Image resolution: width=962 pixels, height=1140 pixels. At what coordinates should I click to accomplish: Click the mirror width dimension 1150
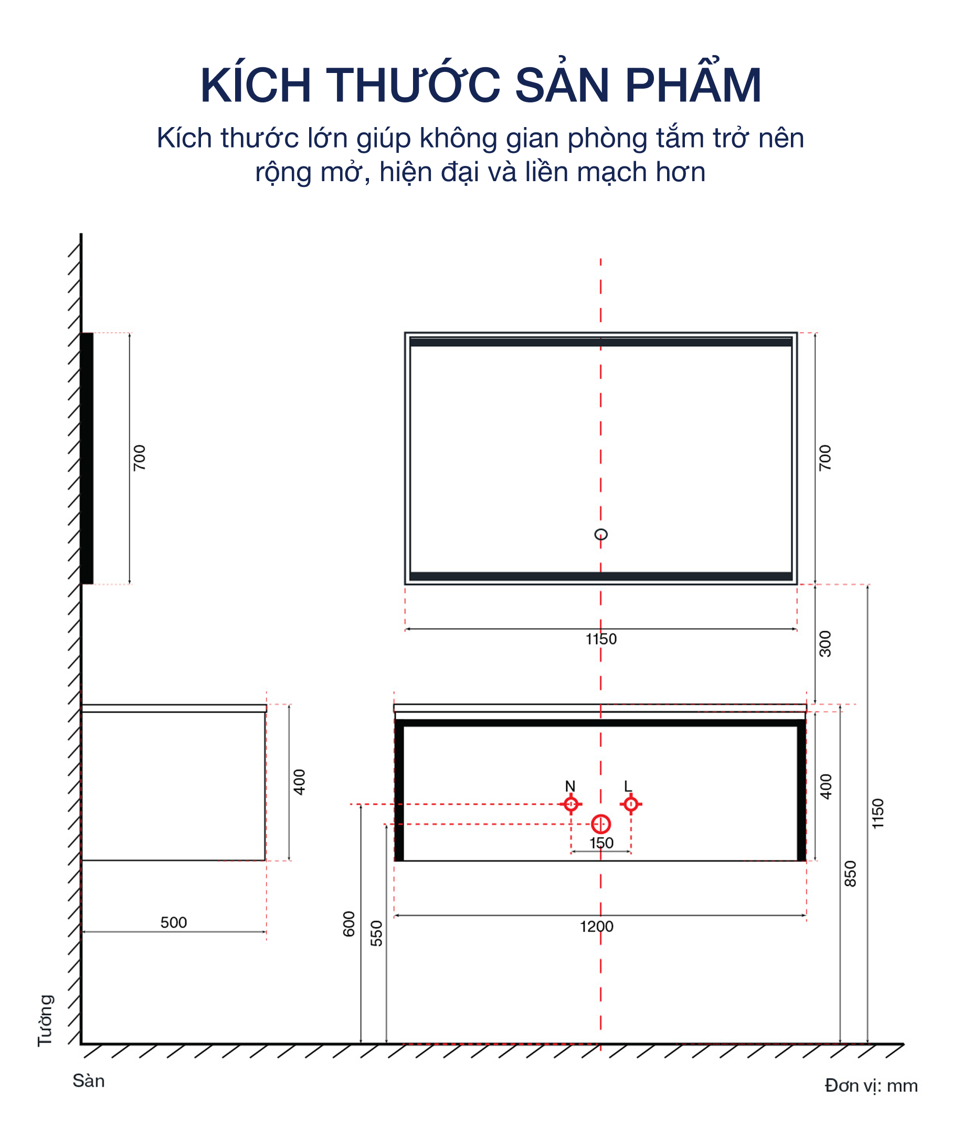click(x=601, y=639)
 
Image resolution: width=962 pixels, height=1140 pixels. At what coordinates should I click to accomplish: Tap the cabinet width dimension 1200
click(x=597, y=927)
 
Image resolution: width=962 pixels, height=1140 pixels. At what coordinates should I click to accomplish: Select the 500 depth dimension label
click(x=173, y=923)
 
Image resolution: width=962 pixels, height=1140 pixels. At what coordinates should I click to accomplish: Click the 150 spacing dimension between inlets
click(x=601, y=843)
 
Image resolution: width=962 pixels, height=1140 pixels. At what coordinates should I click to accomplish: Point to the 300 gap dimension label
click(x=825, y=644)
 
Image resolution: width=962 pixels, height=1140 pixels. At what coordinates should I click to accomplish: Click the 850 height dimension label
click(x=850, y=874)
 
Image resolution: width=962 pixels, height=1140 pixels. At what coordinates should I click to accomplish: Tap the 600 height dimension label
click(x=349, y=924)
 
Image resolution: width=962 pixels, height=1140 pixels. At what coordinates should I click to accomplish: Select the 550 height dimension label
click(x=376, y=933)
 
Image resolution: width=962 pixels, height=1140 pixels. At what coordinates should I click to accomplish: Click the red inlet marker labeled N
click(x=571, y=804)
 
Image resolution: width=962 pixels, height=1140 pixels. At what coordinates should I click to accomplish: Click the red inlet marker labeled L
click(x=631, y=804)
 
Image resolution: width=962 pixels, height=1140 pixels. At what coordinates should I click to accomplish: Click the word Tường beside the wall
click(x=45, y=1020)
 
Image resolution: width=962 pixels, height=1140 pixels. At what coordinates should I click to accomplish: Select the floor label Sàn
click(x=88, y=1081)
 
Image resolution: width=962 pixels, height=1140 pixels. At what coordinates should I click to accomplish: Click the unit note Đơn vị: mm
click(x=871, y=1086)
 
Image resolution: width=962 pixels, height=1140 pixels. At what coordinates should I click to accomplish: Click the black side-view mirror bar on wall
click(x=87, y=458)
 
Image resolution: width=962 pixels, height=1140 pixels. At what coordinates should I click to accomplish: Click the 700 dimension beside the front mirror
click(x=825, y=458)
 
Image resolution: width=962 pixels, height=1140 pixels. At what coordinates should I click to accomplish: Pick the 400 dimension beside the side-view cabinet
click(x=299, y=782)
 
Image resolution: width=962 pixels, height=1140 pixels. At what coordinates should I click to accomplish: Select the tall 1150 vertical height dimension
click(x=878, y=814)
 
